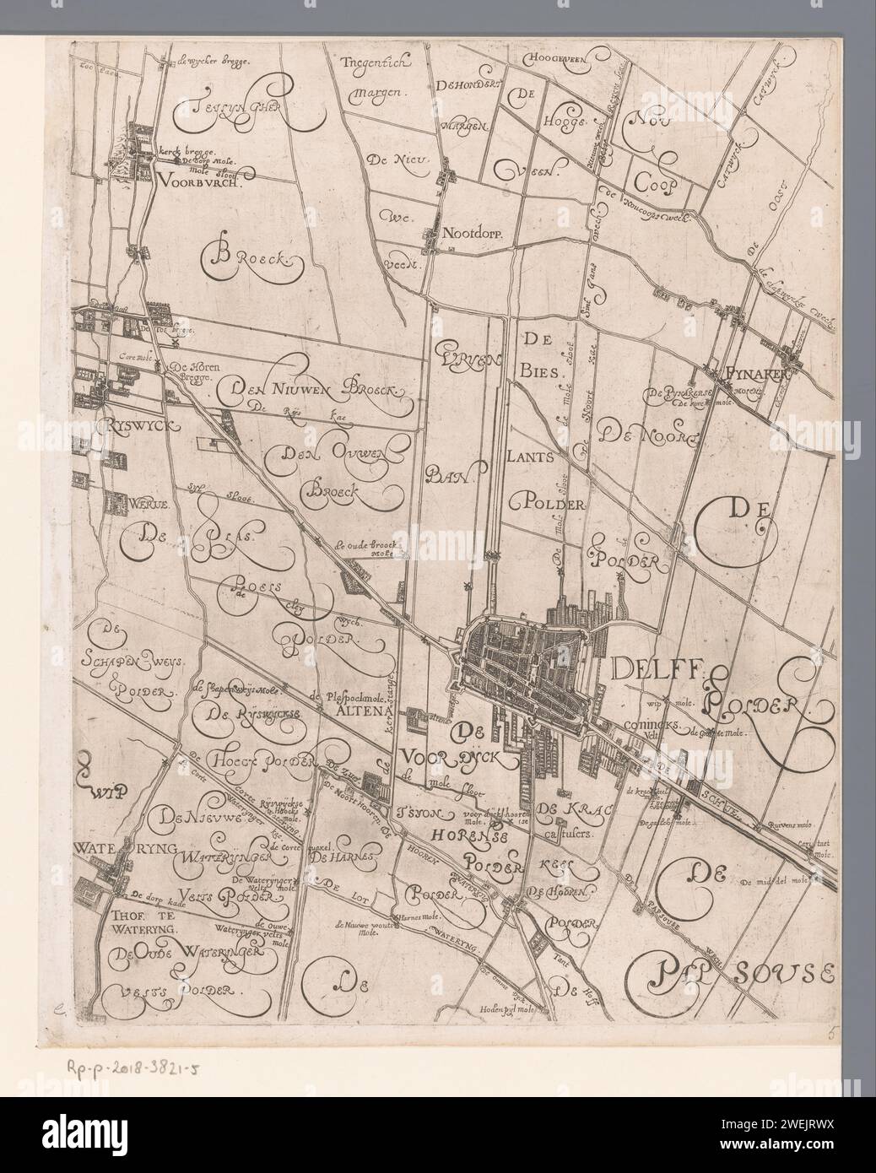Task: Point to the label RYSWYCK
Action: tap(140, 427)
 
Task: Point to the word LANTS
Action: tap(530, 457)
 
